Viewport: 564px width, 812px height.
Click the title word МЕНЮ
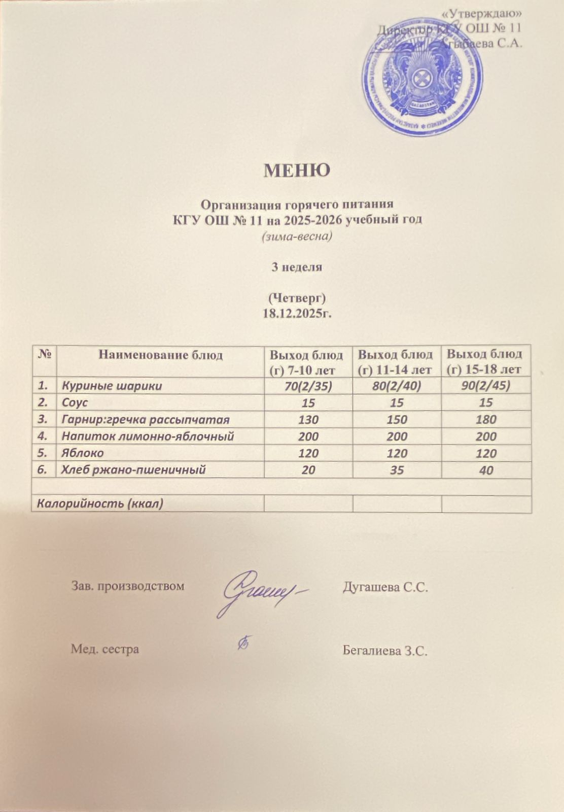pyautogui.click(x=297, y=170)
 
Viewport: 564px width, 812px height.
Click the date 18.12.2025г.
pyautogui.click(x=297, y=313)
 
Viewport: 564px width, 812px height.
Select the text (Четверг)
pyautogui.click(x=297, y=297)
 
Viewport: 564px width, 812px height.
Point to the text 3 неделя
pyautogui.click(x=297, y=267)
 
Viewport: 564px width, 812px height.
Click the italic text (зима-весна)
pyautogui.click(x=297, y=236)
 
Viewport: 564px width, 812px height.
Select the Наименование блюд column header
pyautogui.click(x=160, y=355)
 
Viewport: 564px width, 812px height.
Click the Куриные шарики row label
pyautogui.click(x=112, y=386)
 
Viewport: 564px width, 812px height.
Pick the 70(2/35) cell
pyautogui.click(x=308, y=386)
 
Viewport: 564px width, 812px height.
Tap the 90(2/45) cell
pyautogui.click(x=486, y=386)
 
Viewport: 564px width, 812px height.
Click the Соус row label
pyautogui.click(x=75, y=403)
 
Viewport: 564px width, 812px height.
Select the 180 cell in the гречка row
pyautogui.click(x=486, y=420)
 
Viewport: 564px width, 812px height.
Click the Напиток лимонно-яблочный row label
pyautogui.click(x=148, y=436)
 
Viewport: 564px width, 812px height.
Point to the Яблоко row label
pyautogui.click(x=83, y=453)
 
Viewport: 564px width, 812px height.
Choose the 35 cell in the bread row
pyautogui.click(x=397, y=470)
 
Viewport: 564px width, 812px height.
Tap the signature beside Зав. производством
pyautogui.click(x=261, y=591)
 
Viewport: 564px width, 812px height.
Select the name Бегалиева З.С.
pyautogui.click(x=385, y=650)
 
